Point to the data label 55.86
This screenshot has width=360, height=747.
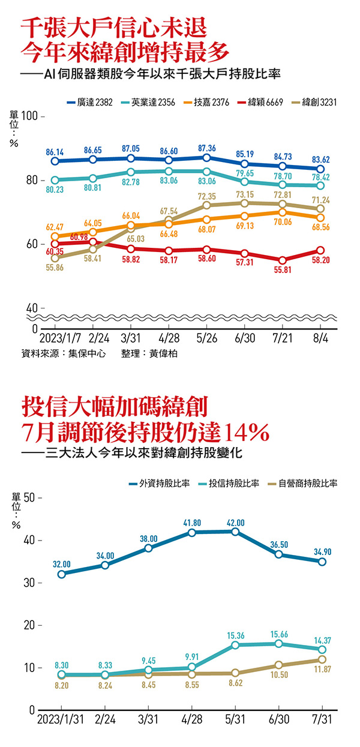click(55, 268)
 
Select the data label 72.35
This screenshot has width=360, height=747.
click(207, 196)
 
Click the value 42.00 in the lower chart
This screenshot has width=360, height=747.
click(236, 521)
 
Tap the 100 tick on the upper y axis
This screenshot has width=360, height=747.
click(29, 115)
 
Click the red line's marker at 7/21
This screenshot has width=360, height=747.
click(283, 260)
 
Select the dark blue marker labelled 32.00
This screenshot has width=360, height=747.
click(62, 574)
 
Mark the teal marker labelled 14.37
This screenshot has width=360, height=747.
click(322, 649)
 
